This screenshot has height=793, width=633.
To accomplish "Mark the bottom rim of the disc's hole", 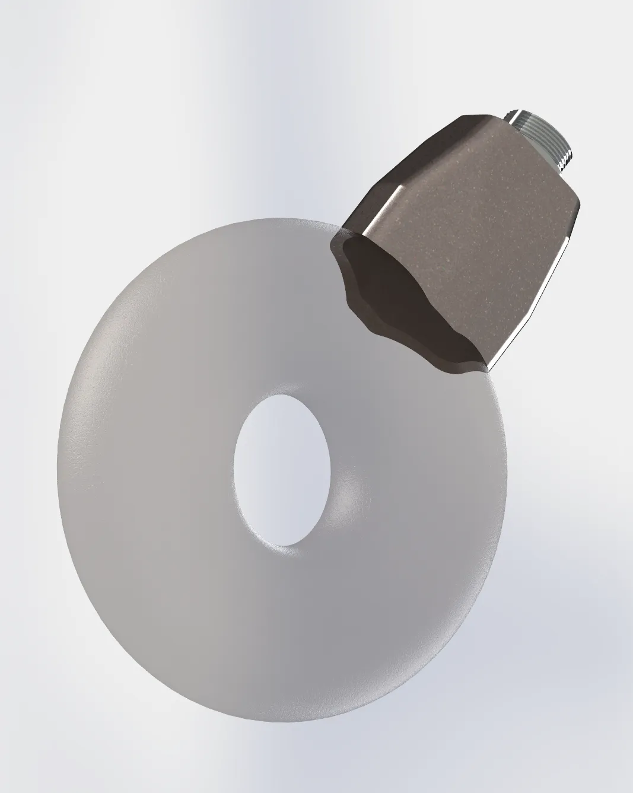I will click(x=279, y=543).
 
